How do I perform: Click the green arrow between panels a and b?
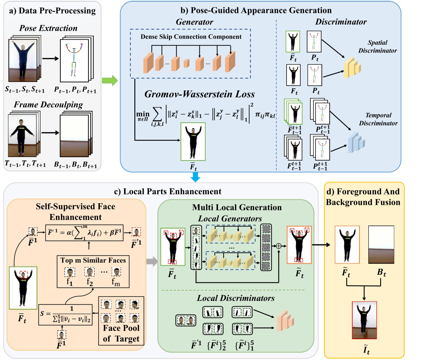coord(110,80)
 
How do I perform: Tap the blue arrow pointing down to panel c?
coord(195,177)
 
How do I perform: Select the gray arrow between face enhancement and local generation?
coord(152,261)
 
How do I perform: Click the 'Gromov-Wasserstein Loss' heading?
coord(200,94)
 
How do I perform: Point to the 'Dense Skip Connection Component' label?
coord(191,37)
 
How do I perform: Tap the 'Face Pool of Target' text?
coord(121,333)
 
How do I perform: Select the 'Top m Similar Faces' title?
coord(93,260)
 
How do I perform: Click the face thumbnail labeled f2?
coord(89,272)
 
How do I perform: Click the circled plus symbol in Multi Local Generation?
coord(279,246)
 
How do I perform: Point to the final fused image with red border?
coord(364,320)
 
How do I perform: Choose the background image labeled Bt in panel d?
coord(381,245)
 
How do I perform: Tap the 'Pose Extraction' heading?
coord(48,28)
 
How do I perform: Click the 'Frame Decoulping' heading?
coord(48,105)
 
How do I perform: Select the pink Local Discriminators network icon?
coord(285,321)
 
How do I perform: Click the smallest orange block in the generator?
coord(186,63)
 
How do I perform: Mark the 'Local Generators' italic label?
coord(230,218)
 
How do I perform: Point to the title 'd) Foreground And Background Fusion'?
coord(363,197)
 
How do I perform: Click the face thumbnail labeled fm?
coord(116,272)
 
